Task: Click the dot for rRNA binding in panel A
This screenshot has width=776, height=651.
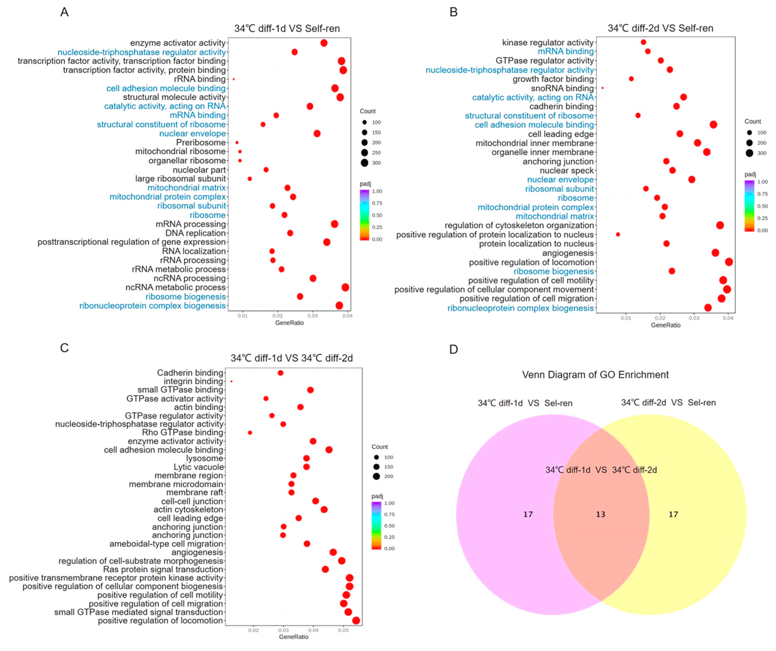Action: (234, 79)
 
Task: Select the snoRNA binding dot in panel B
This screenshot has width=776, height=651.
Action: (603, 88)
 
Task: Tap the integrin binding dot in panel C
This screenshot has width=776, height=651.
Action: (231, 381)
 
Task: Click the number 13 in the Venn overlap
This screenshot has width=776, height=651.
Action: (601, 514)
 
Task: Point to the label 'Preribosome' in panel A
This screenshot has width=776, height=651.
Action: (201, 143)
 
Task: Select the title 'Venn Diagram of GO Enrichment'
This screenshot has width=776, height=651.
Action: (595, 375)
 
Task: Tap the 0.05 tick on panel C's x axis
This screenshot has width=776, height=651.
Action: (343, 630)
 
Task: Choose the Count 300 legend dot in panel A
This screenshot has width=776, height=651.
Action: (365, 163)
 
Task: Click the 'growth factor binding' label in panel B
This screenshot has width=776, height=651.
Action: (553, 79)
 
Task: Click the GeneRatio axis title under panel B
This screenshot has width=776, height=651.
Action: (665, 325)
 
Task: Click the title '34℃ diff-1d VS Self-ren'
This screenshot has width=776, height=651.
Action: (287, 28)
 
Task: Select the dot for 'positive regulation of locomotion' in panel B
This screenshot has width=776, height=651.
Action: (729, 262)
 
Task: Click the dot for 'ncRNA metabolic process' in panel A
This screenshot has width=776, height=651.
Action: (345, 287)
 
